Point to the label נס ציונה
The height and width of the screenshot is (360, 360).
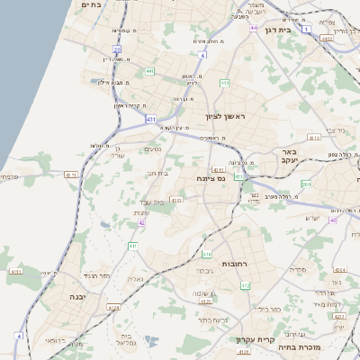click(x=209, y=179)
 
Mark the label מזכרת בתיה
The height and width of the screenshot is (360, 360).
click(x=300, y=346)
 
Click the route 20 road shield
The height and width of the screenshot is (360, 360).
click(x=117, y=49)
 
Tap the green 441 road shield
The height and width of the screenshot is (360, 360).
click(x=149, y=71)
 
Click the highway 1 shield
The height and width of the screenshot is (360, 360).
click(x=307, y=30)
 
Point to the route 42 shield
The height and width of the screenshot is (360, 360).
click(x=141, y=222)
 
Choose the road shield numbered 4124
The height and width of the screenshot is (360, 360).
click(x=112, y=308)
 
